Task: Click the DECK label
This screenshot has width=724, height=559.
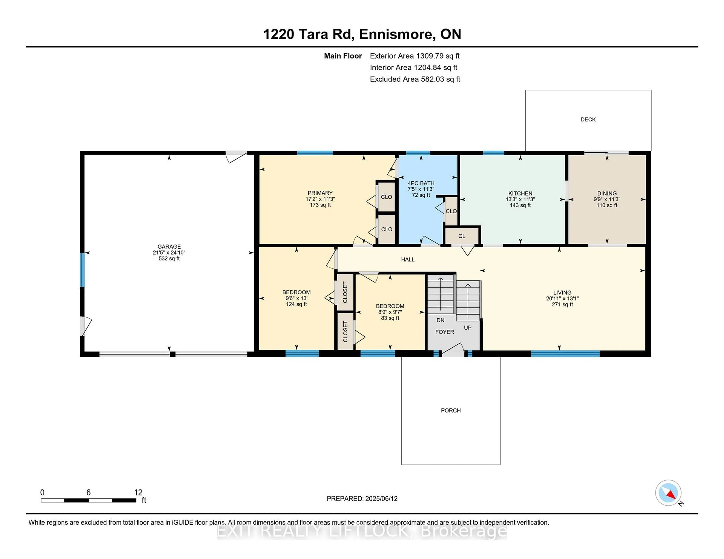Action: click(x=588, y=120)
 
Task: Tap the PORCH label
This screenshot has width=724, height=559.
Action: click(x=450, y=410)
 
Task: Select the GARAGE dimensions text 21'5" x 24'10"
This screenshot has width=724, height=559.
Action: click(x=169, y=252)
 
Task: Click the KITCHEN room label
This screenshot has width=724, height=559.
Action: click(x=520, y=193)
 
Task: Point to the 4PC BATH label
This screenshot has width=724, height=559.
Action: click(x=421, y=183)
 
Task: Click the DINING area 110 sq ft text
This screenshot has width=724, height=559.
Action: click(x=607, y=205)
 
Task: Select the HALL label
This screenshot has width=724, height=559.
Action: click(x=408, y=259)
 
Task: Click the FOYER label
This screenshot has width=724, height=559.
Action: click(x=445, y=332)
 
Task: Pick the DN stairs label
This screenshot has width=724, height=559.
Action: click(x=440, y=320)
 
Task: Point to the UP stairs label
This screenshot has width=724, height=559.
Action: click(x=467, y=328)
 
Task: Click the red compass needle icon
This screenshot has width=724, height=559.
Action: click(x=671, y=495)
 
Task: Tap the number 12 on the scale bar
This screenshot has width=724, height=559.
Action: click(x=138, y=493)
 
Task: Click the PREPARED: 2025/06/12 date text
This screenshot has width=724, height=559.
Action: click(x=362, y=499)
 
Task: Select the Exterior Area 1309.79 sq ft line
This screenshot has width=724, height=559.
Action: click(x=414, y=56)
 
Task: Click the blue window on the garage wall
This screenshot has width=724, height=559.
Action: click(x=82, y=270)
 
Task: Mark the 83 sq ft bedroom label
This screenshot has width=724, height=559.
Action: click(x=390, y=318)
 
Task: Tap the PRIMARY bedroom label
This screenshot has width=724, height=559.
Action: click(x=320, y=193)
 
